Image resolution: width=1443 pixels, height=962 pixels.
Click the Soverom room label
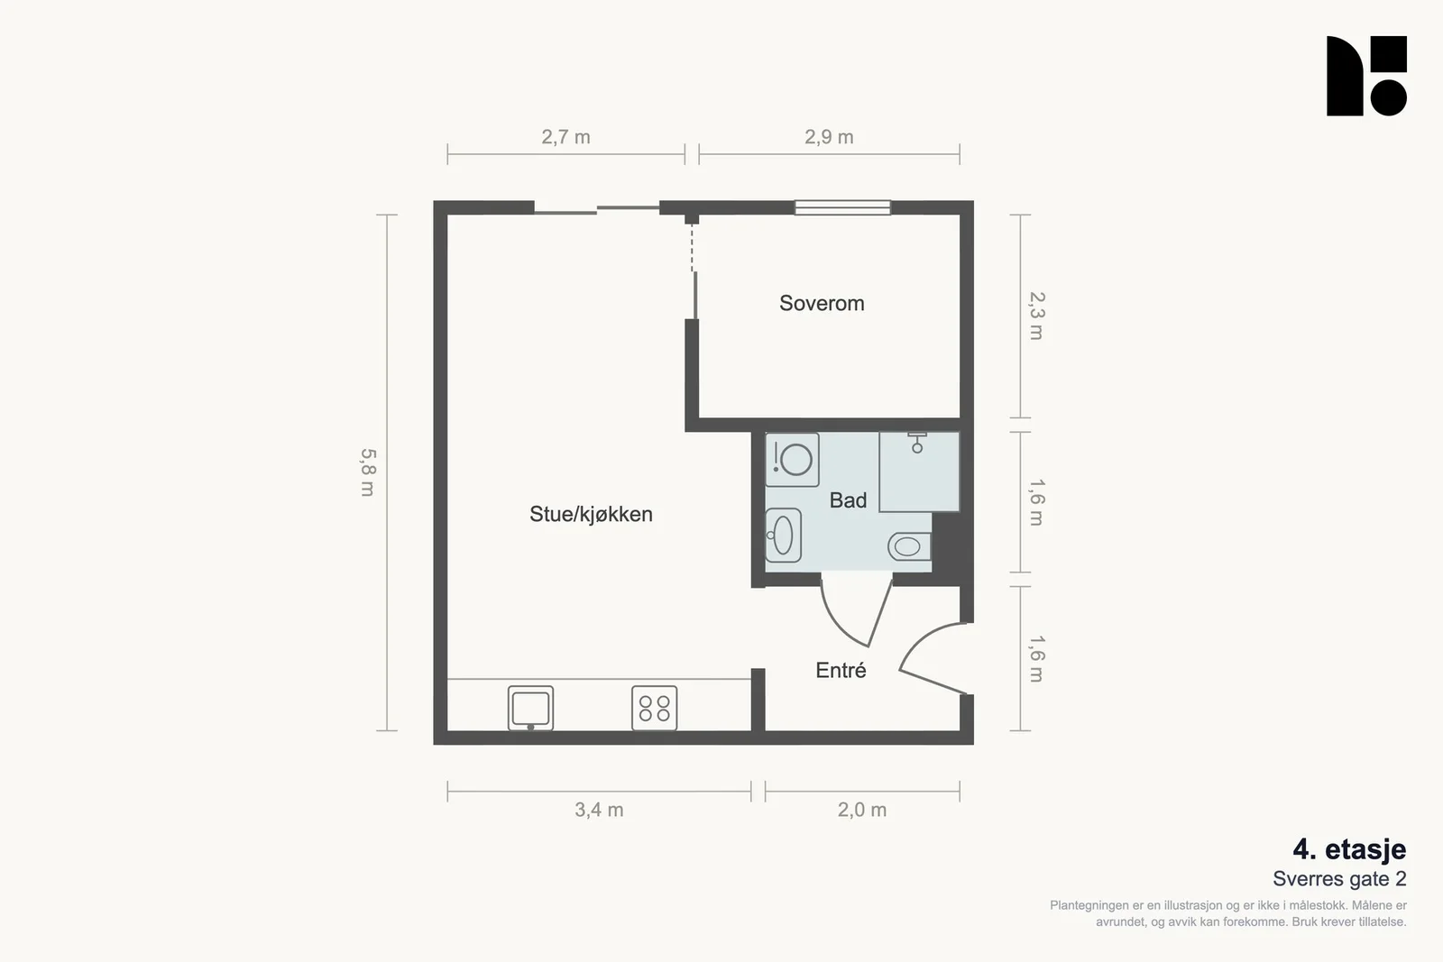822,303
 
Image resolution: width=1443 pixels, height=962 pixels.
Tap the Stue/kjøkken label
591,514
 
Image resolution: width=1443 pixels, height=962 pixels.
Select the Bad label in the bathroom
848,500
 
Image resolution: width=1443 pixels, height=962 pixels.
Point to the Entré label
841,670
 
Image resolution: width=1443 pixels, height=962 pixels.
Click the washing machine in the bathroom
793,460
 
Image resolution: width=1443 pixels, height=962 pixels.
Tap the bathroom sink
784,535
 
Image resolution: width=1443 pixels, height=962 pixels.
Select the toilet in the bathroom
910,546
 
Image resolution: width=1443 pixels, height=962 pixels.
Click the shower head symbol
916,443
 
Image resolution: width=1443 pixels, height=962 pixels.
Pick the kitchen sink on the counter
531,709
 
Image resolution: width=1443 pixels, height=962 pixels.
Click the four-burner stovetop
655,709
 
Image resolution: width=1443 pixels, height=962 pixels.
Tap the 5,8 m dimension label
368,472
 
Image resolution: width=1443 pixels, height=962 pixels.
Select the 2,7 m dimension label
565,137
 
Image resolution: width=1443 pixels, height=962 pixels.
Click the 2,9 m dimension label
829,137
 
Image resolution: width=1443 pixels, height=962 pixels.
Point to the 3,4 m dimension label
599,810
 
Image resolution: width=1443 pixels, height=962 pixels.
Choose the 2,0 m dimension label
862,810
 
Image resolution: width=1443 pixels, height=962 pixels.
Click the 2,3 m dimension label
1036,316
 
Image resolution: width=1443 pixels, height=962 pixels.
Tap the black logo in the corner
1366,76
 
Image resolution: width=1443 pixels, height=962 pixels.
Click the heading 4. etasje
1349,849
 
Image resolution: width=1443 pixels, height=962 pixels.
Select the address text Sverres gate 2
1340,879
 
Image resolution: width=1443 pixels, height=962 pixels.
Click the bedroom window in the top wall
842,207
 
